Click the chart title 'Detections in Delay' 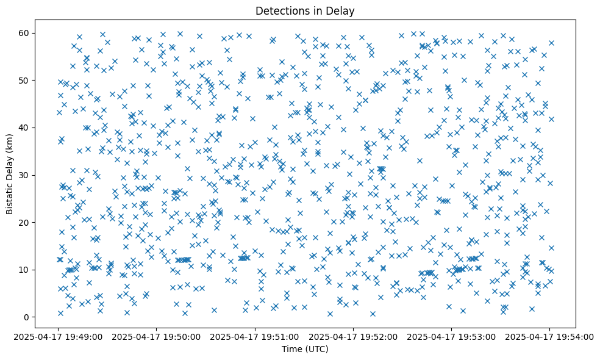point(305,10)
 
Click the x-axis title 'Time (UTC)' point(305,349)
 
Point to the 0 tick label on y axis point(27,317)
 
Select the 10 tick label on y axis point(24,270)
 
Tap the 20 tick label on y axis point(24,222)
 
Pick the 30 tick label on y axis point(24,175)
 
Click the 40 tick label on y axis point(24,128)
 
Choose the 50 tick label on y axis point(24,81)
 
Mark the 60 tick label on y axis point(24,33)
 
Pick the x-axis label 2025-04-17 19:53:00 point(451,336)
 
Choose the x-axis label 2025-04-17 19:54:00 point(549,336)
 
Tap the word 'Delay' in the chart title point(341,10)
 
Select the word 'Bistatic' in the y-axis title point(10,198)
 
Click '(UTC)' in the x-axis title point(316,349)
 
